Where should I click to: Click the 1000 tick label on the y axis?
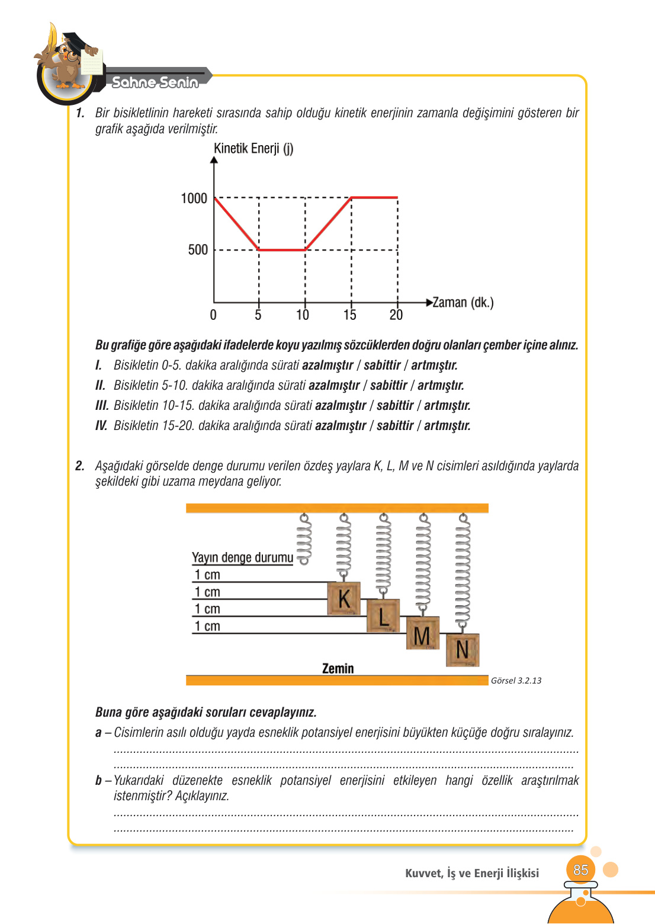[194, 198]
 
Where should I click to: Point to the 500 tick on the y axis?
[198, 250]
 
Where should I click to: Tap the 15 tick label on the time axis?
[350, 315]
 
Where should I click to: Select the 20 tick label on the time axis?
[396, 315]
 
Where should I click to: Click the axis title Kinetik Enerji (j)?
[253, 148]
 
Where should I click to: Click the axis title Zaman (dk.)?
[463, 303]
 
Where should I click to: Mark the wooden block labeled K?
[344, 598]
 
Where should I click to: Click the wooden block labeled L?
[383, 615]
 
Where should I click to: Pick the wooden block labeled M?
[422, 633]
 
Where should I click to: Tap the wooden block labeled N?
[463, 650]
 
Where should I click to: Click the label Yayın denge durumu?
[242, 557]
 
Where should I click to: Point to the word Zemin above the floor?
[338, 669]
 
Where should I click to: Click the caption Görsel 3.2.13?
[516, 681]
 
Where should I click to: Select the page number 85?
[580, 870]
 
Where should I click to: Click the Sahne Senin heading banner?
[155, 82]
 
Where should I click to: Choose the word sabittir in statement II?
[388, 386]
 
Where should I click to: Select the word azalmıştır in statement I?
[327, 365]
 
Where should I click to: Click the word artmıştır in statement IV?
[447, 426]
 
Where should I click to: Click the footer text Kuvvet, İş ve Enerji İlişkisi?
[472, 873]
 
